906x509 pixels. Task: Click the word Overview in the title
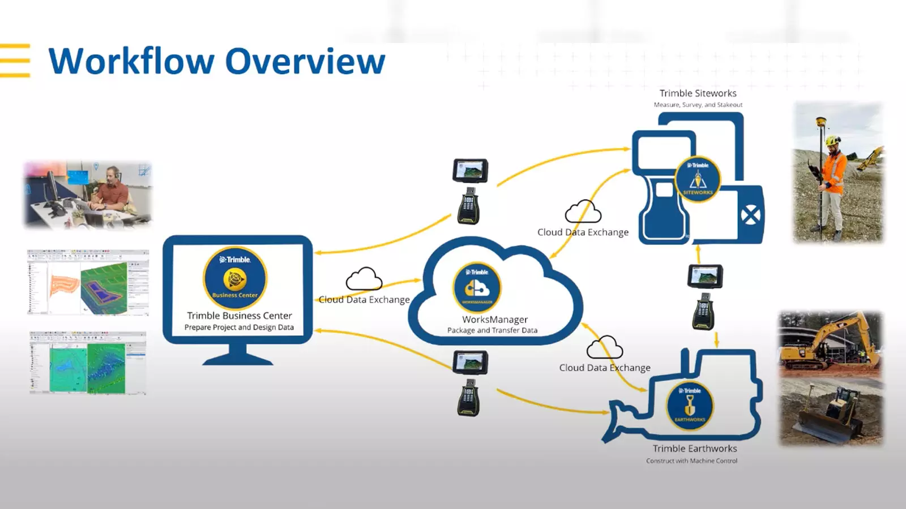306,61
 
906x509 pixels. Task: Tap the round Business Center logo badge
235,278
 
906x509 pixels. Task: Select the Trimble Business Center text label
240,316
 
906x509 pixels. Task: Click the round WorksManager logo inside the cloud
477,287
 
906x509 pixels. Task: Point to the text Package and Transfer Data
492,330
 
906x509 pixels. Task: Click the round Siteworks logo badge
698,179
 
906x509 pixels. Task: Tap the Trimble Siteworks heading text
698,93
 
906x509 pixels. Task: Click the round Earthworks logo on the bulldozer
690,406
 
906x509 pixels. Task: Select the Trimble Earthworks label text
695,448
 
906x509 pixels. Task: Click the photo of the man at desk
88,195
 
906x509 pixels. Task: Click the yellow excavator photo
831,343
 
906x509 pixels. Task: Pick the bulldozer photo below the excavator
831,411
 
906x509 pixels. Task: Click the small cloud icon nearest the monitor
364,279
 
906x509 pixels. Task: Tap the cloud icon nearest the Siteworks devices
583,212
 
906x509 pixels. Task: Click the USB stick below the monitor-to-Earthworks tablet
469,398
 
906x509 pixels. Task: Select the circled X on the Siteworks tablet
751,215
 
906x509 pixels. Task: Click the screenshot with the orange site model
88,282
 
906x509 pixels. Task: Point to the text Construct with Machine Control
691,461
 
